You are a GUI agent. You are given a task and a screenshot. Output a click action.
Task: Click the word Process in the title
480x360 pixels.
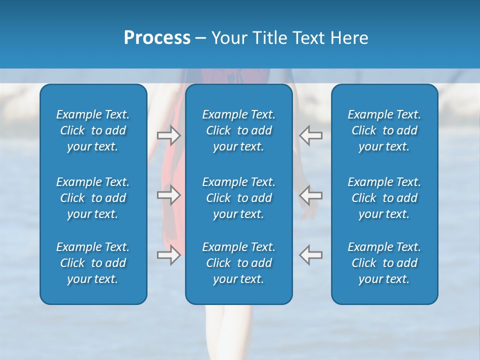pyautogui.click(x=157, y=37)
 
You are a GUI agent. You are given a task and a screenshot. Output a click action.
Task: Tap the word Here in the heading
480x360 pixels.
pyautogui.click(x=349, y=37)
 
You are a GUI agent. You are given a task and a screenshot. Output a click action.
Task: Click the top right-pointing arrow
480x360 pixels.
pyautogui.click(x=168, y=135)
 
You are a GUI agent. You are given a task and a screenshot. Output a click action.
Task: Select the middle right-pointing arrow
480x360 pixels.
pyautogui.click(x=168, y=195)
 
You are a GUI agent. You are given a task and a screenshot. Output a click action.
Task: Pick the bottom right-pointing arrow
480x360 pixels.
pyautogui.click(x=168, y=255)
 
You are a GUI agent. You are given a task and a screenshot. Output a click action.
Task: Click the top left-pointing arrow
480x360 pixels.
pyautogui.click(x=311, y=135)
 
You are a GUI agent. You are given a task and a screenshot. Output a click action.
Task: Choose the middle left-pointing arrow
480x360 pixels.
pyautogui.click(x=311, y=195)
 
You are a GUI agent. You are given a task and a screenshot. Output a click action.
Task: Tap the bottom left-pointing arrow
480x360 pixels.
pyautogui.click(x=311, y=255)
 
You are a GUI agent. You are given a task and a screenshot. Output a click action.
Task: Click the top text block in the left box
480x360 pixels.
pyautogui.click(x=93, y=130)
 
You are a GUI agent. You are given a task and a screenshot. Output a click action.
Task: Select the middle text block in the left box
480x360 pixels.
pyautogui.click(x=93, y=198)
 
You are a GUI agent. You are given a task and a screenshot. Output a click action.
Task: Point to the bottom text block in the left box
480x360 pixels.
pyautogui.click(x=93, y=263)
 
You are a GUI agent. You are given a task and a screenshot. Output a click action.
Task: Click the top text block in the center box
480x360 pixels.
pyautogui.click(x=239, y=130)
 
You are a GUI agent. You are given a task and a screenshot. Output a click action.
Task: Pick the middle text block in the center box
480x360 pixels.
pyautogui.click(x=239, y=198)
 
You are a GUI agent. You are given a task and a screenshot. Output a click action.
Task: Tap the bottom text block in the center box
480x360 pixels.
pyautogui.click(x=239, y=263)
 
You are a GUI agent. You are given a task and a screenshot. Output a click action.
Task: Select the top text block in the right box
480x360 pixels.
pyautogui.click(x=384, y=130)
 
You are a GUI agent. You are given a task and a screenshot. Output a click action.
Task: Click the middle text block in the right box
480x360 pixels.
pyautogui.click(x=384, y=198)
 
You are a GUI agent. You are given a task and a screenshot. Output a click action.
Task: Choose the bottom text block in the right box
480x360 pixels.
pyautogui.click(x=384, y=263)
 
